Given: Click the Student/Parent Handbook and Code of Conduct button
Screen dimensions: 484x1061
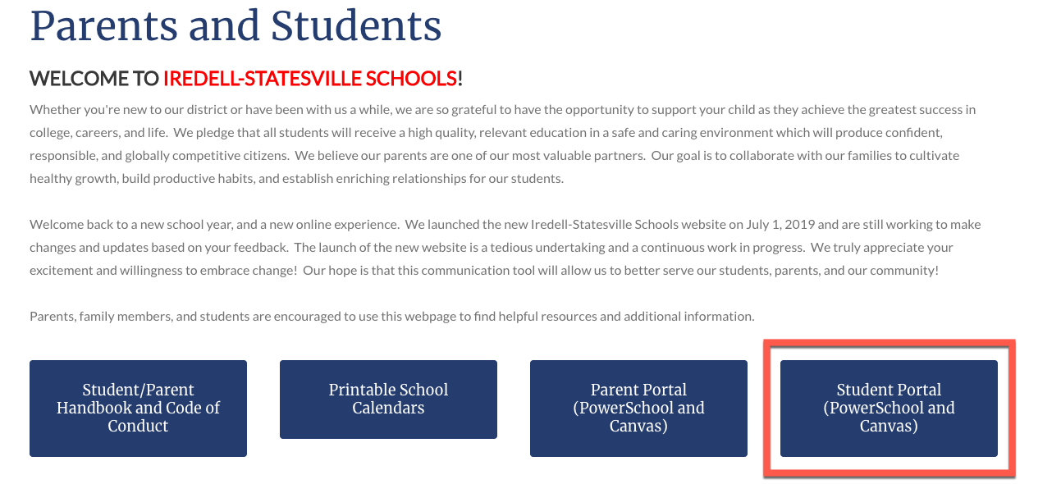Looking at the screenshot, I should point(138,408).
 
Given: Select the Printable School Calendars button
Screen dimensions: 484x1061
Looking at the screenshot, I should point(388,399).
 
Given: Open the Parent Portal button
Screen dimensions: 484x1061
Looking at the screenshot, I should point(638,408).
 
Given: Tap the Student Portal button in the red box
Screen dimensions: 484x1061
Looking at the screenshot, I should point(889,408).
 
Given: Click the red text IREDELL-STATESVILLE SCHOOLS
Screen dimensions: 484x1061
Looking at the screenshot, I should point(310,79).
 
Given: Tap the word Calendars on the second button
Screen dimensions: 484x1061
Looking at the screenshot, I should point(388,408).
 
